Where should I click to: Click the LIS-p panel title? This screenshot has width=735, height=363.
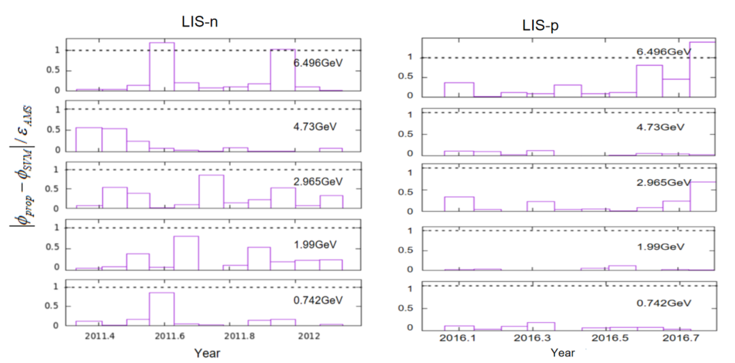[537, 27]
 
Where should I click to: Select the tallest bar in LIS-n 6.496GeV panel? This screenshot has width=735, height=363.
[161, 67]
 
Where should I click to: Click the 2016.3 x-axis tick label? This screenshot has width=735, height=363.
[532, 338]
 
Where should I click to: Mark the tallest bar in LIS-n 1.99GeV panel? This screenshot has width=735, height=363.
[186, 253]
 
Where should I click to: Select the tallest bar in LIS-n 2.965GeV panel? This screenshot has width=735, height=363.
[211, 192]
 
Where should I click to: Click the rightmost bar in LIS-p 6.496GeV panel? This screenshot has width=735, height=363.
[702, 69]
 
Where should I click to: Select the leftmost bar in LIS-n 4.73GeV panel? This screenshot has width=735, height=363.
[89, 140]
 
